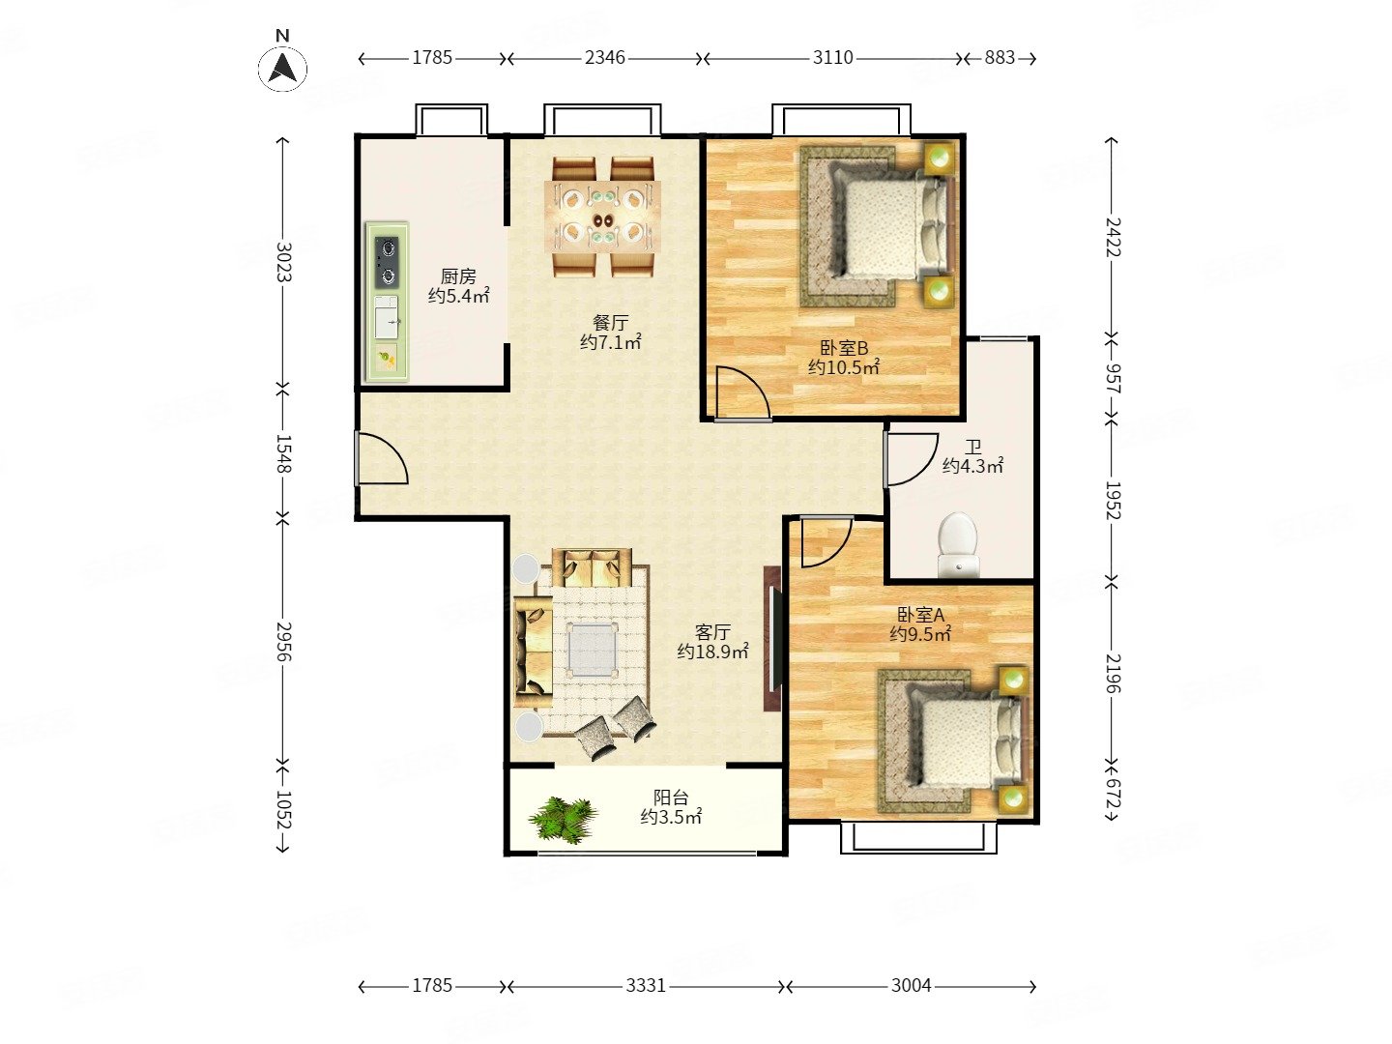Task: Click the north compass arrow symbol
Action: pos(282,69)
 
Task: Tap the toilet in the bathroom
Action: pos(958,545)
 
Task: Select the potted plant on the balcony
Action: pos(562,820)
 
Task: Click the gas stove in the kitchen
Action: pos(386,261)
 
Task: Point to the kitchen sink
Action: pos(386,317)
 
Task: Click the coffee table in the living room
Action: pos(593,649)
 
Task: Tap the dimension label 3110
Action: pos(832,58)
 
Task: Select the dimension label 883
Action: pos(999,58)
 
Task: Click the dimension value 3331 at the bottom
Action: pos(646,985)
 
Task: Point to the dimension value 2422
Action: pos(1113,237)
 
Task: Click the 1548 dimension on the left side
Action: pos(283,454)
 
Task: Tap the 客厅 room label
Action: pos(712,632)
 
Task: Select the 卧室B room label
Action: pos(844,347)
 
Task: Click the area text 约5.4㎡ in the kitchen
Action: pos(458,296)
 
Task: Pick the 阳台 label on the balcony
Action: pos(670,797)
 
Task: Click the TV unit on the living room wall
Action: pos(771,638)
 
